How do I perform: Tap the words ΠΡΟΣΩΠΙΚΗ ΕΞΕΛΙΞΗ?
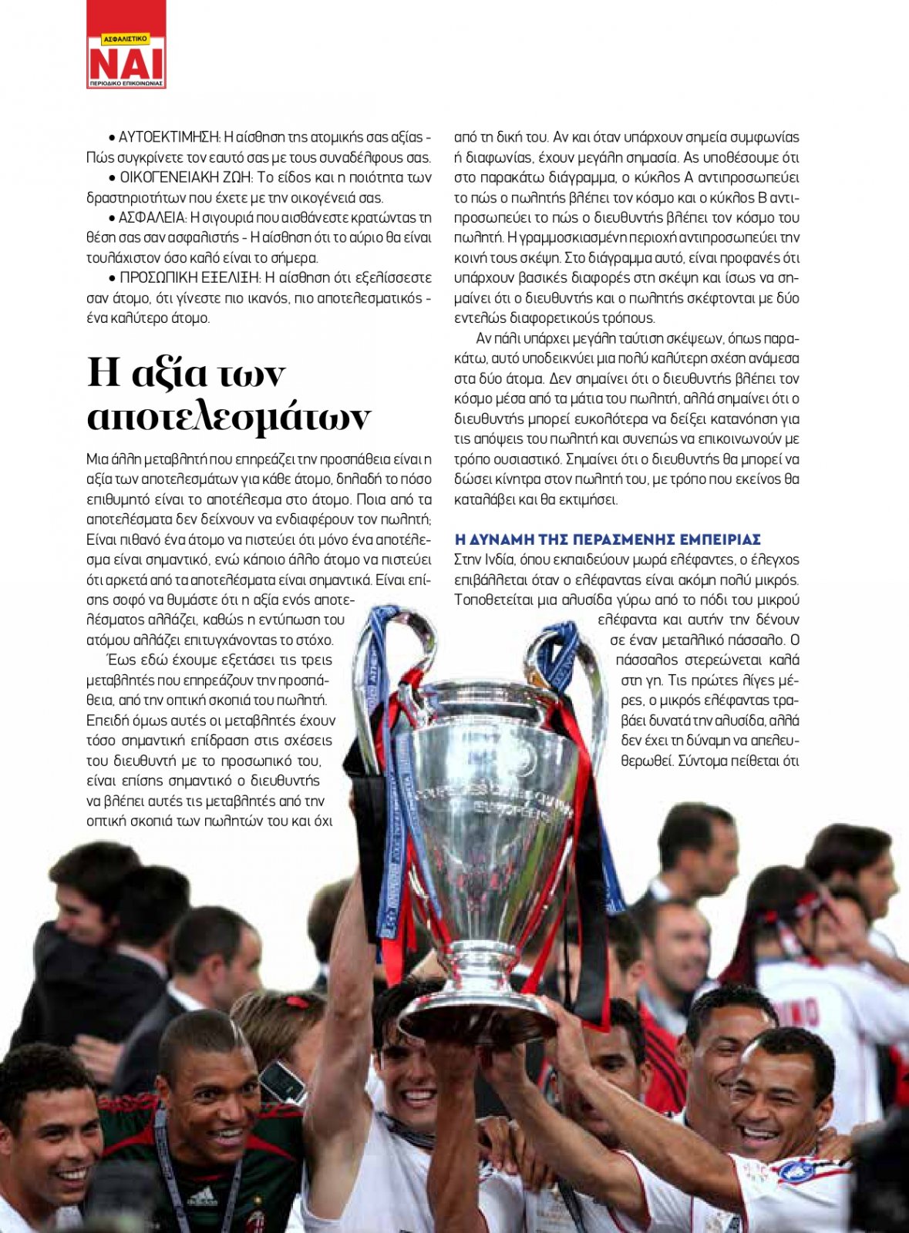[x=190, y=277]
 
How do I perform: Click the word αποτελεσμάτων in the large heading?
[x=229, y=417]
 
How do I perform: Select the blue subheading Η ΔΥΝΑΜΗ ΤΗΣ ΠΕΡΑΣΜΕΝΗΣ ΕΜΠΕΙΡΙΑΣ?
[x=608, y=539]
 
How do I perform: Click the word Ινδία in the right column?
[x=499, y=559]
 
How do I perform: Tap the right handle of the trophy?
[x=571, y=663]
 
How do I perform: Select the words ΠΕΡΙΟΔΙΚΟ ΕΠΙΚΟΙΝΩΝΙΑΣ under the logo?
[x=126, y=83]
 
